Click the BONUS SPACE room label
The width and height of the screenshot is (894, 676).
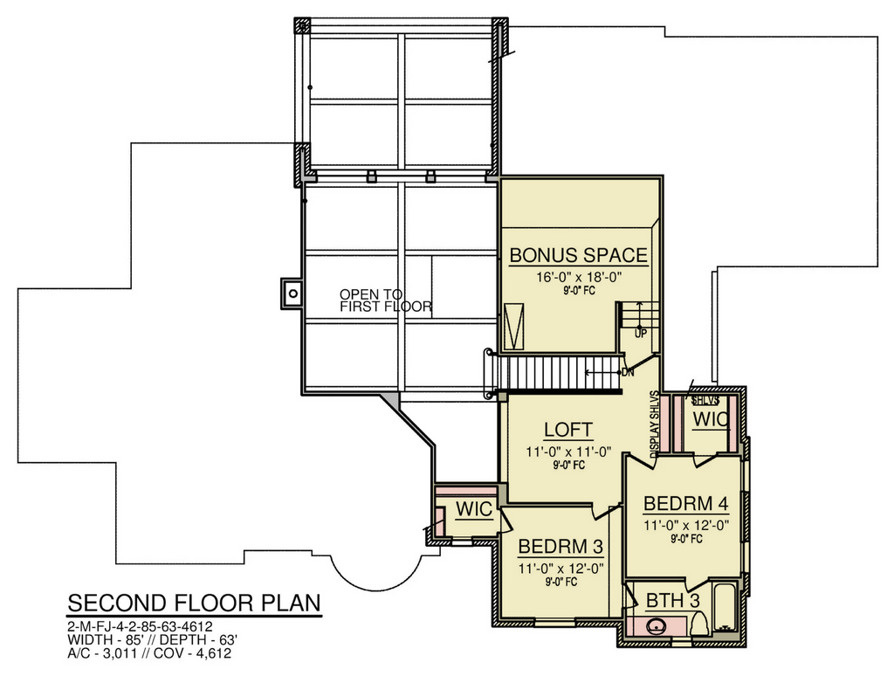[x=578, y=255]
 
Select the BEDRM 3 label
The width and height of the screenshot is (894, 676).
[x=560, y=547]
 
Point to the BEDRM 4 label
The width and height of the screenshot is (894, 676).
[x=686, y=504]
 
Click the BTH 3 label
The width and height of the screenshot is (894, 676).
[x=673, y=601]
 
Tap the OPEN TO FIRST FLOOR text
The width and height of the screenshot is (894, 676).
[x=385, y=300]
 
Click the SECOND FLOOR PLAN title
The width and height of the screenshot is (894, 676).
[x=195, y=603]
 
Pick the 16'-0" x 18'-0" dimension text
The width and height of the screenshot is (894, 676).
[x=578, y=277]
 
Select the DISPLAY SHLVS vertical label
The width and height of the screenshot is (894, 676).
[x=655, y=424]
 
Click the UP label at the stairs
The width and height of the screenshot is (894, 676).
[x=640, y=333]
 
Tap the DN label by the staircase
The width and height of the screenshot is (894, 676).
[x=628, y=373]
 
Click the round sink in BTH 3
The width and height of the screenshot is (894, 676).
[x=656, y=627]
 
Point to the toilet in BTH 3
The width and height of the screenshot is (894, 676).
[x=698, y=624]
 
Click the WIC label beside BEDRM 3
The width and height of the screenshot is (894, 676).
[x=474, y=509]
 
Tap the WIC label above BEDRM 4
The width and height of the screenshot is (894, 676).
[x=711, y=419]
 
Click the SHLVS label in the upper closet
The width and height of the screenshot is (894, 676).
[x=705, y=401]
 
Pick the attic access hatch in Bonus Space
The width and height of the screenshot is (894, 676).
[x=516, y=327]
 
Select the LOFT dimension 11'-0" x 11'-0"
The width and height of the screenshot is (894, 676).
[x=568, y=452]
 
